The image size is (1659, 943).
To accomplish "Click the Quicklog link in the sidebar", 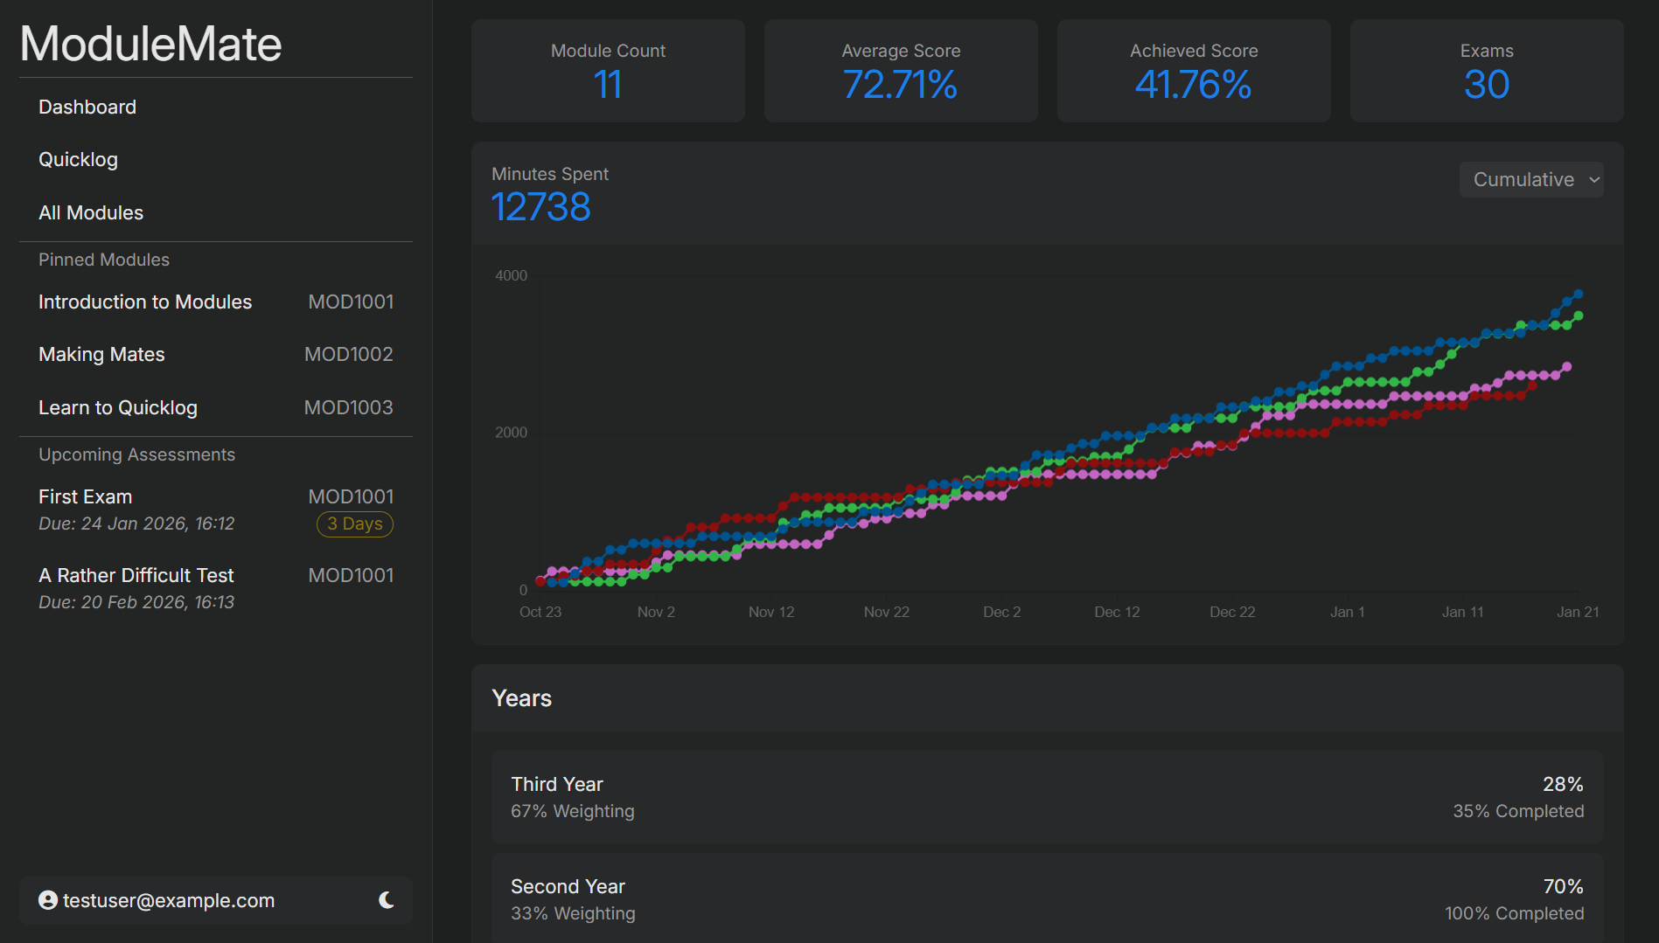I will tap(78, 160).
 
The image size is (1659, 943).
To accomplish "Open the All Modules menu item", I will tap(91, 213).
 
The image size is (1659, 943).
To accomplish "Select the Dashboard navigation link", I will tap(87, 107).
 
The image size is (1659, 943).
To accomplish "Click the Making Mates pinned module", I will tap(101, 355).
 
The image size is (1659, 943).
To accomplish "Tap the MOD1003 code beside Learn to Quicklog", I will tap(348, 408).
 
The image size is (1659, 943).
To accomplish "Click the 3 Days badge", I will tap(354, 524).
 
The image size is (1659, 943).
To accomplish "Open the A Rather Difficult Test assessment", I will tap(136, 576).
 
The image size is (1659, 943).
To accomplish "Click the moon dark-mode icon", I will tap(387, 900).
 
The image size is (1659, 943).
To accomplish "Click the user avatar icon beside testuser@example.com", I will tap(48, 900).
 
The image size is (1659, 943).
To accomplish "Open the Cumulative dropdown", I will tap(1531, 180).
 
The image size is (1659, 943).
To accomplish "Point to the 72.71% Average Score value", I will tap(900, 85).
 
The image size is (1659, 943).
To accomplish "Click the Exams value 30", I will tap(1486, 85).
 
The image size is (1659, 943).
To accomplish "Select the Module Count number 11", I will tap(608, 85).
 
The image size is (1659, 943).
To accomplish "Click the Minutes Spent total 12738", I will tap(540, 208).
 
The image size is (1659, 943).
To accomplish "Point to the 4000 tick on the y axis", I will tap(511, 276).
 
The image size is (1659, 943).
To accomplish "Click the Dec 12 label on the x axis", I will tap(1117, 613).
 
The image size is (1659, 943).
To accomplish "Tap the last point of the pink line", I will tap(1566, 367).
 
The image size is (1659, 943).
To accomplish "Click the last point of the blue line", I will tap(1579, 295).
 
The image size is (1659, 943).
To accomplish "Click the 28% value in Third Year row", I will tap(1563, 785).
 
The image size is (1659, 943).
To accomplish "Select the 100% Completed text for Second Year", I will tap(1514, 914).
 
